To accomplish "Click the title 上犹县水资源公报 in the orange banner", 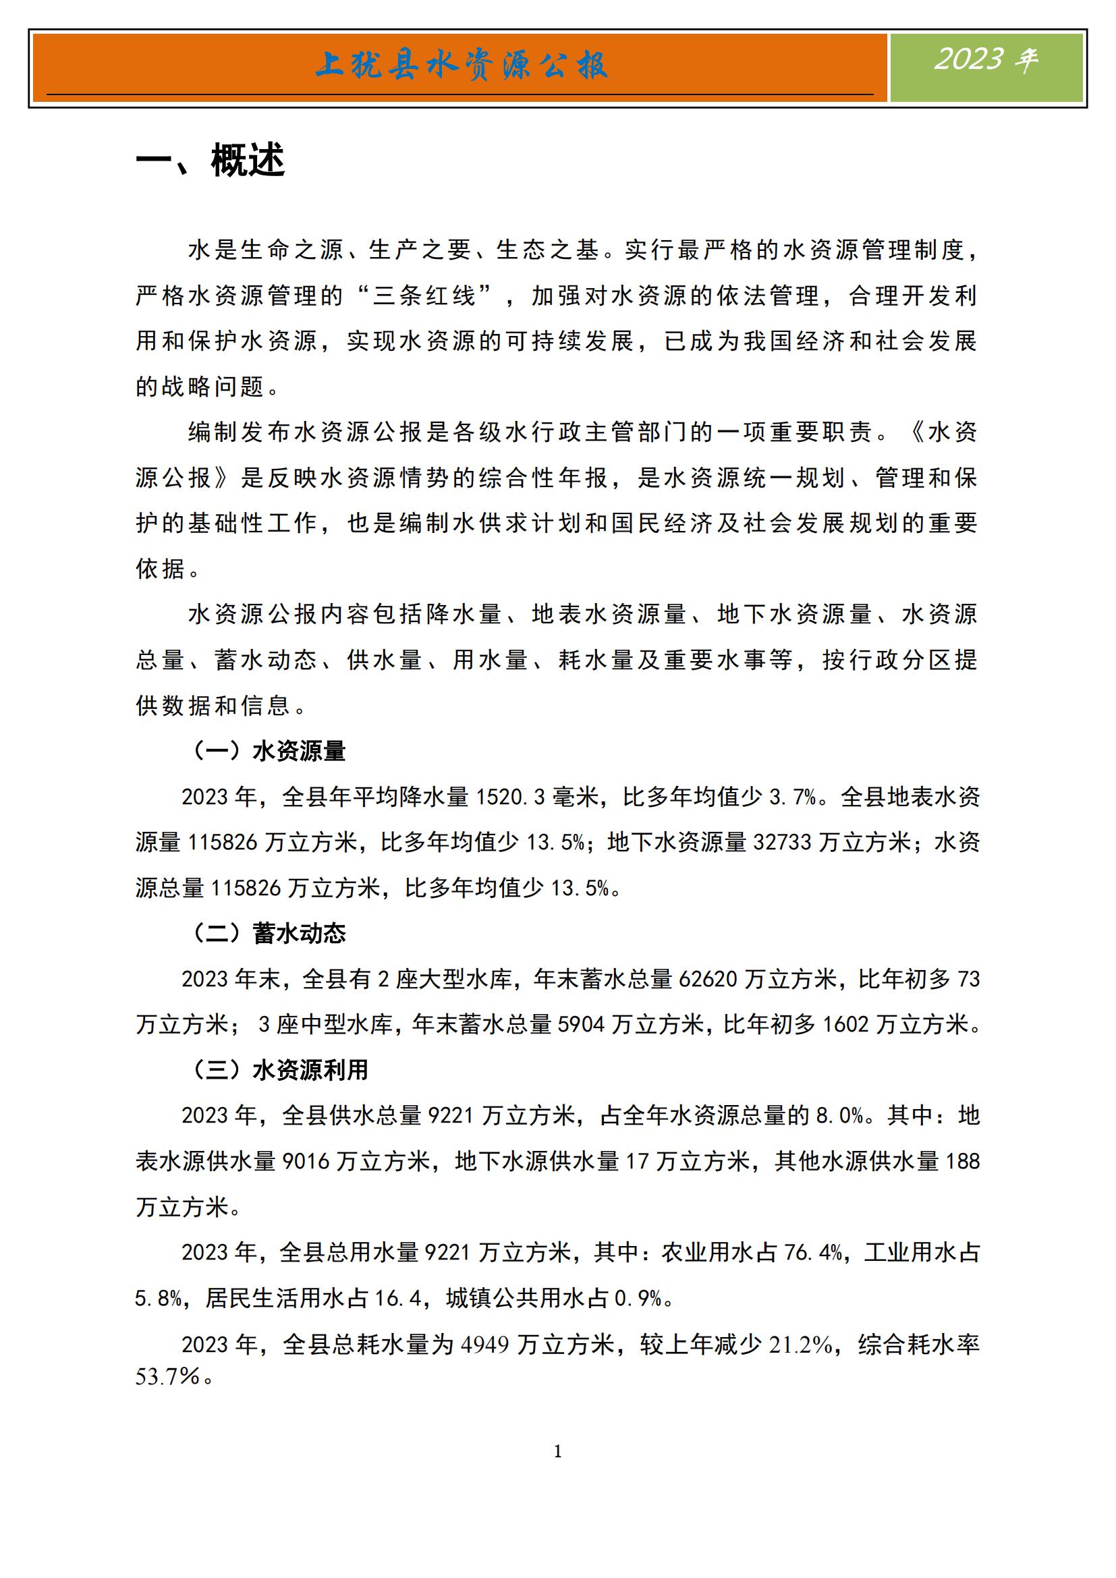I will (x=461, y=67).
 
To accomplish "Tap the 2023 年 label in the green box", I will (x=986, y=60).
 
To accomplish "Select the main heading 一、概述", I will (x=211, y=160).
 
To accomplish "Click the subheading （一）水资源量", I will (x=268, y=751).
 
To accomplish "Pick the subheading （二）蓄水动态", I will (x=268, y=932).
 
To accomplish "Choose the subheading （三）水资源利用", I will (x=280, y=1069).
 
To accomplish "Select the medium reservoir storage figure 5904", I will (x=582, y=1025).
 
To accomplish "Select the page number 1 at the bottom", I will (x=557, y=1451).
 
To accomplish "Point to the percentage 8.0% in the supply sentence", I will (x=840, y=1115).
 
